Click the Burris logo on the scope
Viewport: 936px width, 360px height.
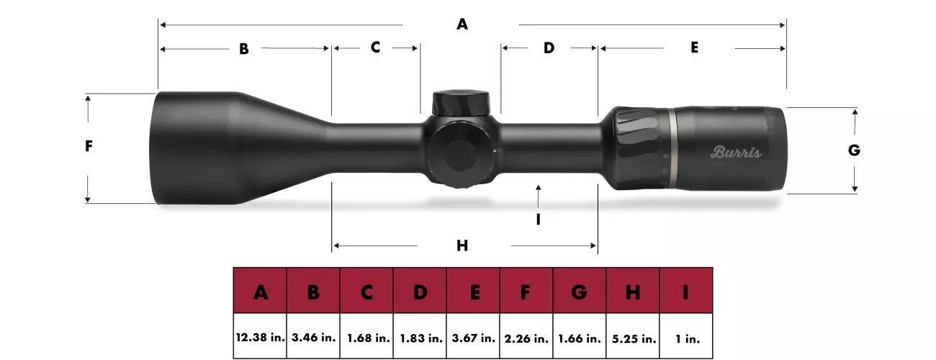735,152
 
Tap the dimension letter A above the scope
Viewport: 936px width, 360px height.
462,24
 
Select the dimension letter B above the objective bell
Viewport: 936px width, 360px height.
244,49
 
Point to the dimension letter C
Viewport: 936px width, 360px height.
375,48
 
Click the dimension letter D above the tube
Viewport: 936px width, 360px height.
549,48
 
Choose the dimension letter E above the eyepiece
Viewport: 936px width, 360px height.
694,48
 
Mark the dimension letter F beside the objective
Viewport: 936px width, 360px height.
89,146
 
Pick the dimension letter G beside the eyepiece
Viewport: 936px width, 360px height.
854,150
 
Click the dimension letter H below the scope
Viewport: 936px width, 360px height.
462,246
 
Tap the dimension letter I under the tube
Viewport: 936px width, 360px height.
538,220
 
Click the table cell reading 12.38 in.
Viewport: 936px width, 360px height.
260,337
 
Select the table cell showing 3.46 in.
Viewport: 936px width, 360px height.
313,337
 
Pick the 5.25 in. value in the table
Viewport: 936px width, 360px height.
633,337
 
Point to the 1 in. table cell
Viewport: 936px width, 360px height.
685,337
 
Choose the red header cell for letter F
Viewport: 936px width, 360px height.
526,292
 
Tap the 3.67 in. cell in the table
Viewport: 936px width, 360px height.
473,337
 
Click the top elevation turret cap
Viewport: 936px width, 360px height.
461,101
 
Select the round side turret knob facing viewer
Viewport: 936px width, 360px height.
461,153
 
